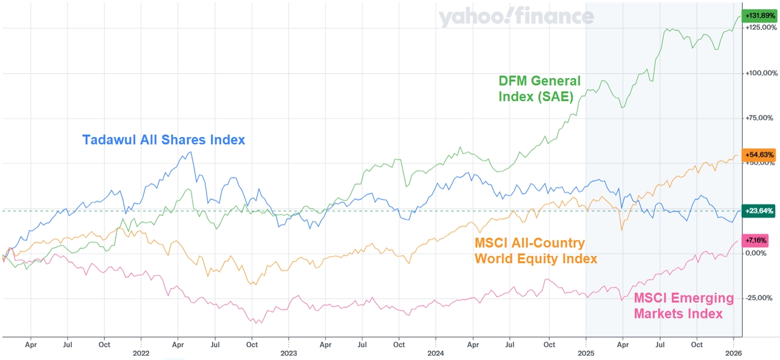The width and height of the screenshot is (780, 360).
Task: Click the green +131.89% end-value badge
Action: click(759, 15)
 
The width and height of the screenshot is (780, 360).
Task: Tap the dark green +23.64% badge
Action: click(759, 211)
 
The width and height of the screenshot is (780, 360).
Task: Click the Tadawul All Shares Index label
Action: click(163, 140)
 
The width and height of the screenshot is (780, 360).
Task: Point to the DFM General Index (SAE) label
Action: click(539, 89)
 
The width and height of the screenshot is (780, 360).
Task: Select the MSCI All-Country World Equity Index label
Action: click(535, 251)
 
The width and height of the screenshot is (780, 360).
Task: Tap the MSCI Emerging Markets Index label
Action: click(684, 306)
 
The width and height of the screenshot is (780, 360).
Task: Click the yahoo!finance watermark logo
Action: click(516, 17)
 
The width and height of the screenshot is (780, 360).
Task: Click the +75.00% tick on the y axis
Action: click(760, 118)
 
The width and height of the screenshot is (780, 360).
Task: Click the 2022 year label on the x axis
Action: click(141, 353)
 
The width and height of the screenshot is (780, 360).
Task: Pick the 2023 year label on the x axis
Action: click(288, 353)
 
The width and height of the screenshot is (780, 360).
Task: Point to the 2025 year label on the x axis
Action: click(586, 353)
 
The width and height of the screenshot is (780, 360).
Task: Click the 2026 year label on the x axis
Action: click(733, 353)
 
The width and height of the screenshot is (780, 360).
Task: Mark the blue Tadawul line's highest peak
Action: click(193, 152)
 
